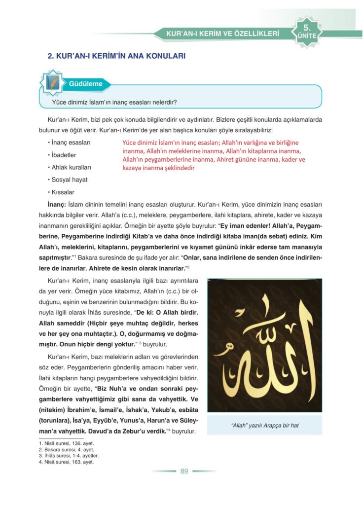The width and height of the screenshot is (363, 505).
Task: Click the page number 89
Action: tap(184, 471)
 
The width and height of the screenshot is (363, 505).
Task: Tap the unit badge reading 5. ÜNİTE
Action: tap(307, 31)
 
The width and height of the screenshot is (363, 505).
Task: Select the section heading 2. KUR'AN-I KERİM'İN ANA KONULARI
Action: tap(116, 56)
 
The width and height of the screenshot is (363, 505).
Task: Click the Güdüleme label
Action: tap(86, 83)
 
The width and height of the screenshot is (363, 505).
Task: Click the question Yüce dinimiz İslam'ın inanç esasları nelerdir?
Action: tap(114, 103)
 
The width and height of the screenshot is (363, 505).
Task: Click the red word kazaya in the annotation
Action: tap(134, 168)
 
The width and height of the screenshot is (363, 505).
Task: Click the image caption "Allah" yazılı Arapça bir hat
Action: tap(265, 425)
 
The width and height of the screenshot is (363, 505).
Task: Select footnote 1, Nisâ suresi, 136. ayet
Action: tap(66, 443)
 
